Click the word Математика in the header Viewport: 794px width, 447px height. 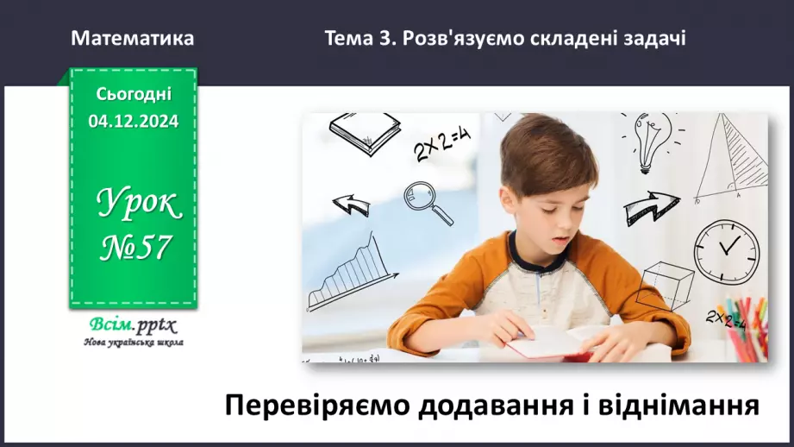pos(132,38)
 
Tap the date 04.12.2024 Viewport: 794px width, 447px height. pos(133,122)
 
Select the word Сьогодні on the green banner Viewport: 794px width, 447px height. pos(134,94)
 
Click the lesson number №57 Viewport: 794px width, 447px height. pos(134,249)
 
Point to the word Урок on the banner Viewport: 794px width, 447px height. pos(138,205)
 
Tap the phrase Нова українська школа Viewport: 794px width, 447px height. pos(133,343)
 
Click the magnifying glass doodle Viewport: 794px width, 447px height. pos(427,201)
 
